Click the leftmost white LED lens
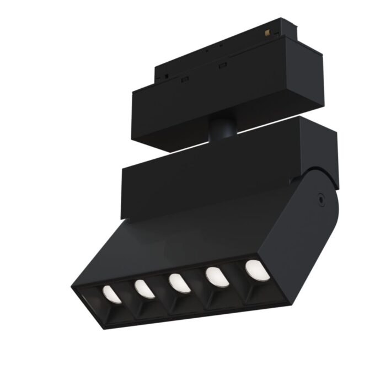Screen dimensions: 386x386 [111, 294]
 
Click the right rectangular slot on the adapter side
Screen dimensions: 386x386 [223, 67]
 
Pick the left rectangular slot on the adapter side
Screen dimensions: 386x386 [185, 79]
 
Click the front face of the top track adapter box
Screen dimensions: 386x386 [221, 105]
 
